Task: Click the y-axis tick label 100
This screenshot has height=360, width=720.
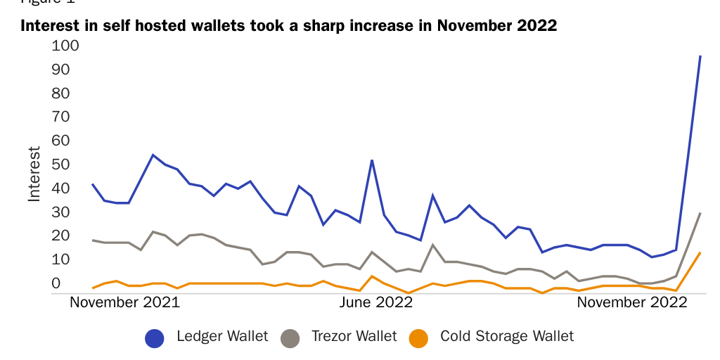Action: click(x=65, y=46)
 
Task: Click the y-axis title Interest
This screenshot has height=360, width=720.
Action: click(x=34, y=174)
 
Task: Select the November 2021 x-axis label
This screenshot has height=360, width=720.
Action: click(x=125, y=303)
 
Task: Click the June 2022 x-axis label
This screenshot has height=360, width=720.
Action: click(x=376, y=303)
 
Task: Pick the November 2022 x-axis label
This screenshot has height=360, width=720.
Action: click(x=631, y=303)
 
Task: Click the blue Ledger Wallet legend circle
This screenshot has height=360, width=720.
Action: click(x=155, y=338)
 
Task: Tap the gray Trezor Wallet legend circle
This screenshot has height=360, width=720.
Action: click(x=290, y=338)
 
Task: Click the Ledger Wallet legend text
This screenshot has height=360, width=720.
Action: click(x=222, y=337)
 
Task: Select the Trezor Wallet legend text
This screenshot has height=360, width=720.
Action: click(x=354, y=337)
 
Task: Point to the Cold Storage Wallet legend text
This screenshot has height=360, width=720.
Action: click(x=507, y=337)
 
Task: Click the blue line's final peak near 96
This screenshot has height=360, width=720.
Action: click(x=700, y=56)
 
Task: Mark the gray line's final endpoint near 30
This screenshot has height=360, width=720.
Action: click(x=700, y=212)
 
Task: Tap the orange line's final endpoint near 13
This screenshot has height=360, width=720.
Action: click(x=700, y=252)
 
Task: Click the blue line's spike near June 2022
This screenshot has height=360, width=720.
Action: click(x=372, y=160)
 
